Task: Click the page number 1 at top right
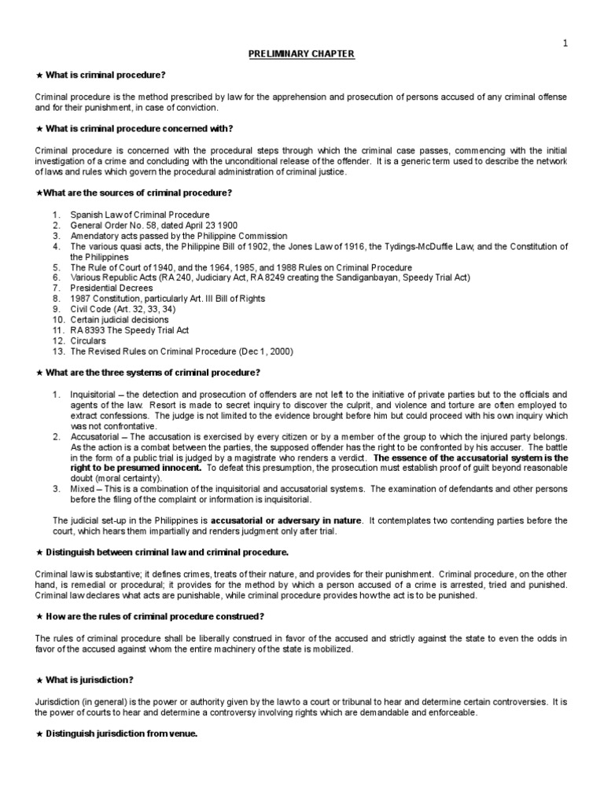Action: click(565, 42)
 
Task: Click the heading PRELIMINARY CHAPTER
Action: click(302, 53)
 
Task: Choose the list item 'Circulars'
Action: click(88, 341)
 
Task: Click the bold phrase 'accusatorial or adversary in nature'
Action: click(286, 520)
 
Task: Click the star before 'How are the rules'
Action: click(39, 616)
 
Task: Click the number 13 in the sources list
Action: click(57, 351)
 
